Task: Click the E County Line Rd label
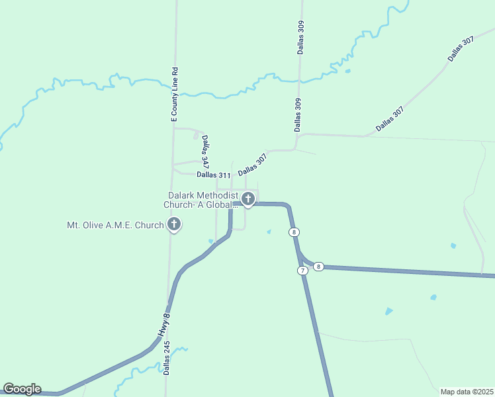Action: point(175,93)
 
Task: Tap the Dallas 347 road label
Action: point(206,152)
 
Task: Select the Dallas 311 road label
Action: point(213,175)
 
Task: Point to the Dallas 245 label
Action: point(167,358)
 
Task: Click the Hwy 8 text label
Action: point(164,326)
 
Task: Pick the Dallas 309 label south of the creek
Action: point(298,113)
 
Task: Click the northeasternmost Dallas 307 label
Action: point(461,49)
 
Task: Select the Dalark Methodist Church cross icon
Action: point(248,198)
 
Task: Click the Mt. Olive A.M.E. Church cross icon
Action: point(174,225)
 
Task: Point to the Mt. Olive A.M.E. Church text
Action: point(115,225)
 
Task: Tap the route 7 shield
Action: point(302,271)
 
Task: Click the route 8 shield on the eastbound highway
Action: point(318,266)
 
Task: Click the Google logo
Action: point(22,389)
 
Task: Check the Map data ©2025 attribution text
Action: point(467,392)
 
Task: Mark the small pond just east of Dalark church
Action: point(268,232)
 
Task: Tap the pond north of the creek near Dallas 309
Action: point(348,71)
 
